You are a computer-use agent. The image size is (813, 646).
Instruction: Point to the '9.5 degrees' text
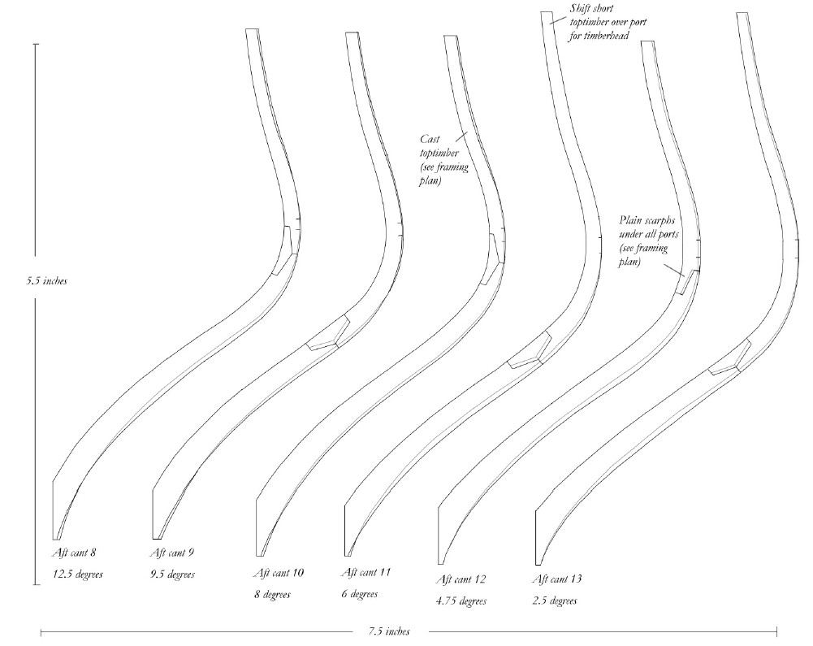(173, 574)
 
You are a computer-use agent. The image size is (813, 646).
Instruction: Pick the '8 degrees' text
(272, 595)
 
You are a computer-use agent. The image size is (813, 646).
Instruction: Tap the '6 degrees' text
(358, 594)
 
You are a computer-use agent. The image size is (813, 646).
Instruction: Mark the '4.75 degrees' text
(461, 601)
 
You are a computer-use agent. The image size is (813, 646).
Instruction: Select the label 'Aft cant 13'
(556, 579)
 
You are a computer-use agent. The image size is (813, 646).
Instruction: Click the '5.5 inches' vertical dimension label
(46, 281)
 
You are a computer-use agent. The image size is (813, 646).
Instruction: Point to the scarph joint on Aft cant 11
(530, 352)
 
